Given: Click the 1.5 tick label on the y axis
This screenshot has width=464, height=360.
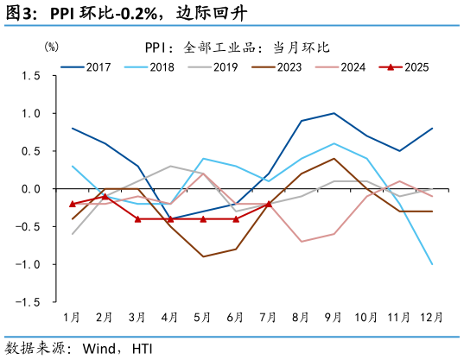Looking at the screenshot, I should pos(32,76).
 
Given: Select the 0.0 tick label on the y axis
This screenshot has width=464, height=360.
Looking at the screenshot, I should pos(32,189).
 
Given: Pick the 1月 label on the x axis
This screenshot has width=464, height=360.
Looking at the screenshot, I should pos(72,318).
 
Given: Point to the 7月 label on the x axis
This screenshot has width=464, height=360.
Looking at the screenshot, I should pos(269,318).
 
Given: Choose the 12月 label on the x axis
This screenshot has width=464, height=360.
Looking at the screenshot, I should pos(431,318).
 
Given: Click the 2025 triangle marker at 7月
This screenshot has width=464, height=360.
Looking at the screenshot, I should pos(269,204).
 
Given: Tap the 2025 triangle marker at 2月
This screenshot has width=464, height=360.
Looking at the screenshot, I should pos(105,196).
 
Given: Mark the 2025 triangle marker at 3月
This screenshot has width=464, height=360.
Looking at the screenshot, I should pos(137,218).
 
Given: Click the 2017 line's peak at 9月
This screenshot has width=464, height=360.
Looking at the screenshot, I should pos(334,113).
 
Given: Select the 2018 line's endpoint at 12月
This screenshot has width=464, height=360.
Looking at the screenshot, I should pos(432,264).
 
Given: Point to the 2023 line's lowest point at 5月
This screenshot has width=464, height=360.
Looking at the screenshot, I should pos(203,256).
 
